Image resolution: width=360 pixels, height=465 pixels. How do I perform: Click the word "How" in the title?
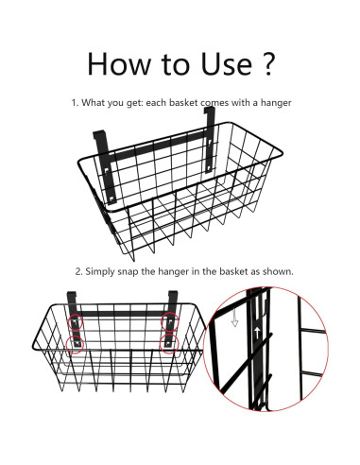coord(119,64)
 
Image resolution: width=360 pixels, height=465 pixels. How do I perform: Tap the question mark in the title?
coord(268,64)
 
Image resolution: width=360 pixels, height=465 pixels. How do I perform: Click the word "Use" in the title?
coord(226,64)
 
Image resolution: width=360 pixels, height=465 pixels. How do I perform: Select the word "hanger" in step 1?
coord(276,103)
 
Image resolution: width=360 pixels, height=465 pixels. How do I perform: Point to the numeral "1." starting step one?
coord(75,103)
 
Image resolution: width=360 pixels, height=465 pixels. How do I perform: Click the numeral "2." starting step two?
coord(79,271)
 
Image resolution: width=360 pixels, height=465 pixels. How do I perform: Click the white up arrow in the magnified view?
coord(257,333)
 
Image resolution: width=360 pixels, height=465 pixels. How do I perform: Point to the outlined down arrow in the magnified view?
coord(234,319)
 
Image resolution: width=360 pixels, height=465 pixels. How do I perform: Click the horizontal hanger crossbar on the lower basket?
coord(123,314)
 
